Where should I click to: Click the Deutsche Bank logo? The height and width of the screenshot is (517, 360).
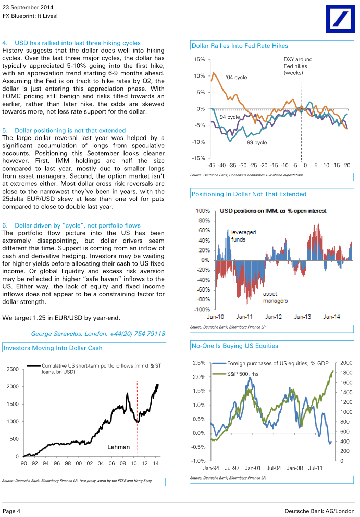[340, 18]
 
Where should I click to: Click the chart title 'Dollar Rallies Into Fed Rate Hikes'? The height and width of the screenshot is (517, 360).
[240, 46]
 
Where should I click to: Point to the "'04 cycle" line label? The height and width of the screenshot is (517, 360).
[236, 77]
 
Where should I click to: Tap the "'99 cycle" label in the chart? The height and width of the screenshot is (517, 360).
[256, 143]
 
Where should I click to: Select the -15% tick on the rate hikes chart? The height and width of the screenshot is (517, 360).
[198, 158]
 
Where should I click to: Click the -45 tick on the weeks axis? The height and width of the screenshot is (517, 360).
[211, 165]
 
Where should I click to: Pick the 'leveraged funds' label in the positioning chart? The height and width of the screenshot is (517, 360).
[243, 236]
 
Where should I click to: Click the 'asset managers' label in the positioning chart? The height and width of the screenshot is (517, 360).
[275, 297]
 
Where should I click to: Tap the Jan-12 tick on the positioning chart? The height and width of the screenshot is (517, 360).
[273, 317]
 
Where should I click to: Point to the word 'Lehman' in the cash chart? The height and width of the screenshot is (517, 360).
[118, 447]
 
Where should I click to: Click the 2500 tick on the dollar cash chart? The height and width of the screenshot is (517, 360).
[13, 369]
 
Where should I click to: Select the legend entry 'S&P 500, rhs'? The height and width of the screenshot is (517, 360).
[243, 374]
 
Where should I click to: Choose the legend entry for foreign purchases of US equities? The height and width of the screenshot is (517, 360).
[270, 363]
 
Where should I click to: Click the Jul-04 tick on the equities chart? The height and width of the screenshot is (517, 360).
[274, 468]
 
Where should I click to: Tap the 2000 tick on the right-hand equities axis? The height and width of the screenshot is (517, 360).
[346, 363]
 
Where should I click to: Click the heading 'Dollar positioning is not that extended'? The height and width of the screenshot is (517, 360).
[70, 130]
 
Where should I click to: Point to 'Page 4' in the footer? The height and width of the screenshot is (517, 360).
[11, 511]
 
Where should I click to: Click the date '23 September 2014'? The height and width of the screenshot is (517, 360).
[28, 7]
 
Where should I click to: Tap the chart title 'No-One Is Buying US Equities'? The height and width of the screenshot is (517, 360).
[234, 346]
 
